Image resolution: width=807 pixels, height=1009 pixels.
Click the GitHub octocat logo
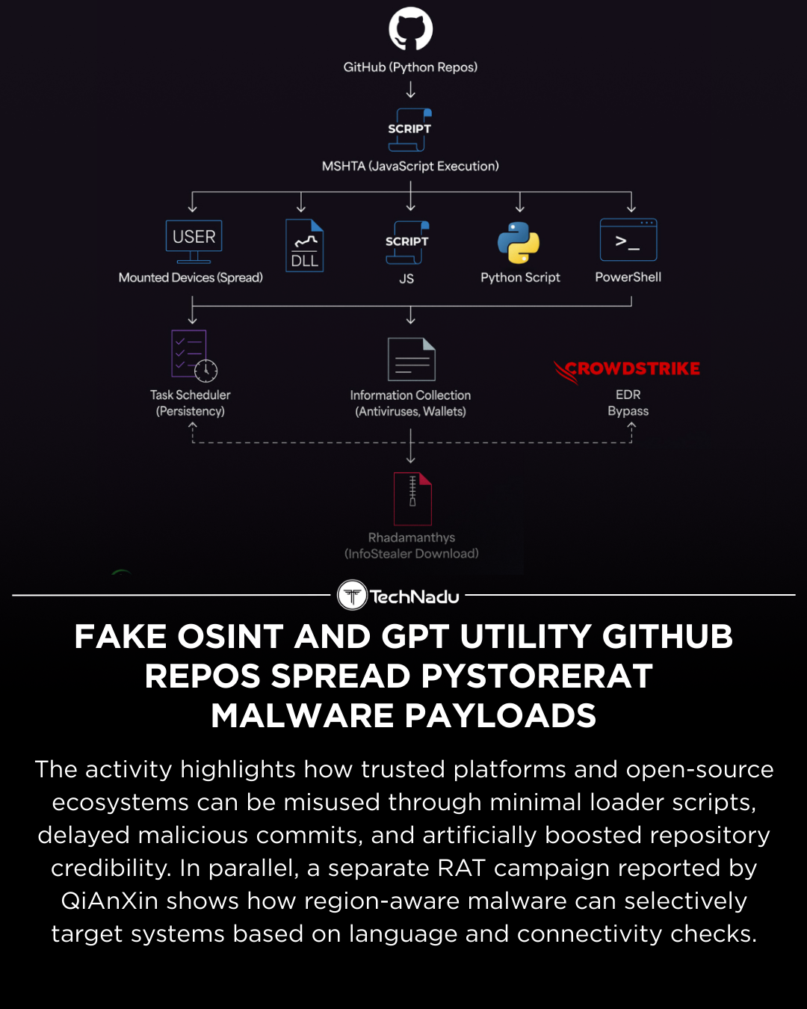410,29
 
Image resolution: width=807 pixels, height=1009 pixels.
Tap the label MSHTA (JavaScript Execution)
410,166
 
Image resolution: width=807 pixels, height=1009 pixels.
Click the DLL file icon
304,245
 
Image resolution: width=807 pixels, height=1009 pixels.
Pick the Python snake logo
519,243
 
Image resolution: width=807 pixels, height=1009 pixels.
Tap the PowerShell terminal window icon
628,240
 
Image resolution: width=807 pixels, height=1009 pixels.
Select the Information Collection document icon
411,360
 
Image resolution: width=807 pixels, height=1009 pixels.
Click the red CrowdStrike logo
627,369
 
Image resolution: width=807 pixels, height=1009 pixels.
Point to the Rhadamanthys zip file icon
412,499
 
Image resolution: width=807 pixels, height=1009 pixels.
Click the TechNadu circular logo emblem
352,596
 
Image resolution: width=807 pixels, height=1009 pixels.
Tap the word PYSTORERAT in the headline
537,676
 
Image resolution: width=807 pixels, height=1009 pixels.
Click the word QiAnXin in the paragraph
109,901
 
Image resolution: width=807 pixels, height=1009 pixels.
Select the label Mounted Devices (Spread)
191,277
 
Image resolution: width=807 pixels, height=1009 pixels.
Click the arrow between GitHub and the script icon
410,90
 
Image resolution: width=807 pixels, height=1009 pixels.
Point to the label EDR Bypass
628,403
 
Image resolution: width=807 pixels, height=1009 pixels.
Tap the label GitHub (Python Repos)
410,67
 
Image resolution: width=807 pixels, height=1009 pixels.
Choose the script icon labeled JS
406,242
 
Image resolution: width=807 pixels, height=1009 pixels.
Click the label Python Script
520,277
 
